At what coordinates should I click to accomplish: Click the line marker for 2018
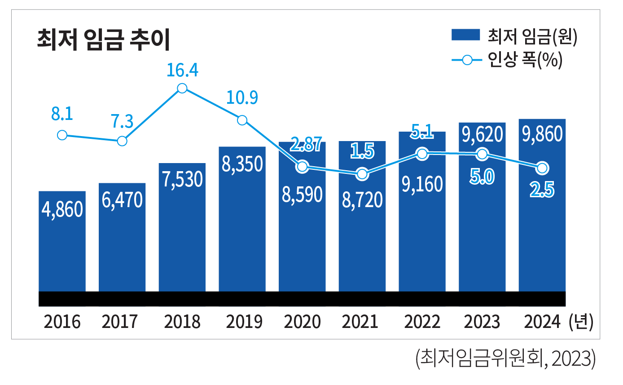click(x=182, y=89)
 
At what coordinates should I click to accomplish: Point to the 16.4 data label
click(x=182, y=71)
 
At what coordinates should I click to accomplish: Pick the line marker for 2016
click(x=62, y=135)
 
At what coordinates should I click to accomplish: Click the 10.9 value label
click(x=242, y=98)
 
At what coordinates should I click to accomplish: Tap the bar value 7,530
click(x=182, y=179)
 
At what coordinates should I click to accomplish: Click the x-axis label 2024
click(x=542, y=322)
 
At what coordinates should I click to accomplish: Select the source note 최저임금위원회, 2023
click(x=505, y=359)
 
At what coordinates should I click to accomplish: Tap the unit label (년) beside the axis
click(x=580, y=322)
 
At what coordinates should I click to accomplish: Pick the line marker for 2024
click(x=542, y=168)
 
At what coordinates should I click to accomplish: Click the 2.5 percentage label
click(x=542, y=191)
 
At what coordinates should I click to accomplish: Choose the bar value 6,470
click(x=122, y=199)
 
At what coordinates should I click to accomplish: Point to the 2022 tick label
click(x=422, y=322)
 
